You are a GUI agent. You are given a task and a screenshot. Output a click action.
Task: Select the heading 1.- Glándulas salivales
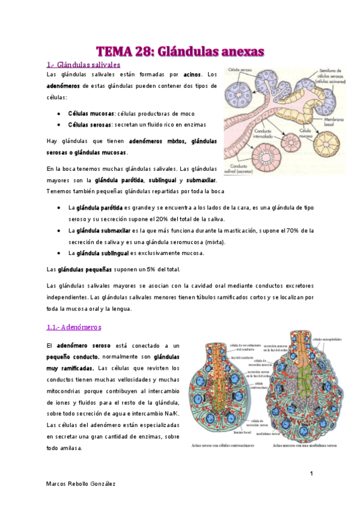(x=84, y=64)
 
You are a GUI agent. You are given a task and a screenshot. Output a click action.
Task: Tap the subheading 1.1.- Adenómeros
(x=74, y=327)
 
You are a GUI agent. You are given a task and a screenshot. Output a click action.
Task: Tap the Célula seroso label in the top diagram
(x=239, y=70)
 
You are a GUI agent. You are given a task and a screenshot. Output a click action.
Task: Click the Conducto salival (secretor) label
(x=239, y=168)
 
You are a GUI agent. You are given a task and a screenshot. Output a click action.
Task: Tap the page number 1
(x=311, y=475)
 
